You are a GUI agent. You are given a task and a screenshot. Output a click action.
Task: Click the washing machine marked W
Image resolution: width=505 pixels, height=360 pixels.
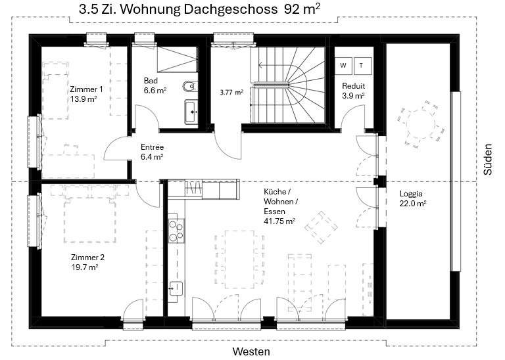tap(343, 66)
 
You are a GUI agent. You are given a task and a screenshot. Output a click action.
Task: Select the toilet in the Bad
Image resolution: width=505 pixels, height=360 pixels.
tap(189, 86)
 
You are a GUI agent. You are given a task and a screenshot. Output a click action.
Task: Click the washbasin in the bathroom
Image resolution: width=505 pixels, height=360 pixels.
tap(191, 112)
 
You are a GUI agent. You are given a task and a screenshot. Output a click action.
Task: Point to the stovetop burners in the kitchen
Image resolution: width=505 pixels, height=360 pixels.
tap(176, 231)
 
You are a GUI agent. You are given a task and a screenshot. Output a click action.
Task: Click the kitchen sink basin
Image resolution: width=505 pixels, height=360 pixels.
tap(176, 288)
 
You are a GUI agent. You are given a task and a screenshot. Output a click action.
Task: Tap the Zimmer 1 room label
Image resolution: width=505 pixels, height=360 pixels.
tap(86, 89)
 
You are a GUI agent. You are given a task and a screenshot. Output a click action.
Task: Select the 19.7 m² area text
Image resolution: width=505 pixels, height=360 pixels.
tap(85, 267)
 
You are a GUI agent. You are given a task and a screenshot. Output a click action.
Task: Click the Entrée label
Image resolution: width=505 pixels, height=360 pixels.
tap(153, 147)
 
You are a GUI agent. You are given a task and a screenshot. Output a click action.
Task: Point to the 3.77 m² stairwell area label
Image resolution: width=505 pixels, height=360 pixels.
tap(231, 93)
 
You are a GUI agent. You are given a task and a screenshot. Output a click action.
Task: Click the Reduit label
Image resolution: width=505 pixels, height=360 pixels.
tap(354, 86)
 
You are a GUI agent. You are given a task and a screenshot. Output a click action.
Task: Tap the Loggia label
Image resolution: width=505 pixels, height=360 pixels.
tap(411, 194)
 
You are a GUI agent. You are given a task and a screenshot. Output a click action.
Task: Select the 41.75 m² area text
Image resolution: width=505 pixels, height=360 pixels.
tap(279, 221)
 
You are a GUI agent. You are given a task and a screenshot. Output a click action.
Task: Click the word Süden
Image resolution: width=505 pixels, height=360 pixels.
tap(488, 159)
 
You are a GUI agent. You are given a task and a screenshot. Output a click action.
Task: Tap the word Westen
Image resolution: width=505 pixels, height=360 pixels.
tap(251, 351)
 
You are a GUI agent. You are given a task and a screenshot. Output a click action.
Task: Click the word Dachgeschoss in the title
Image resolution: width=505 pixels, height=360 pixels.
tap(231, 10)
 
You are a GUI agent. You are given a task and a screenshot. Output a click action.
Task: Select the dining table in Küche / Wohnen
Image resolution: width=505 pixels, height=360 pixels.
tap(240, 259)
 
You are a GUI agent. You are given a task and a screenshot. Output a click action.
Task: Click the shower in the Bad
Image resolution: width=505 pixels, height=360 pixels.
tap(177, 60)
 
